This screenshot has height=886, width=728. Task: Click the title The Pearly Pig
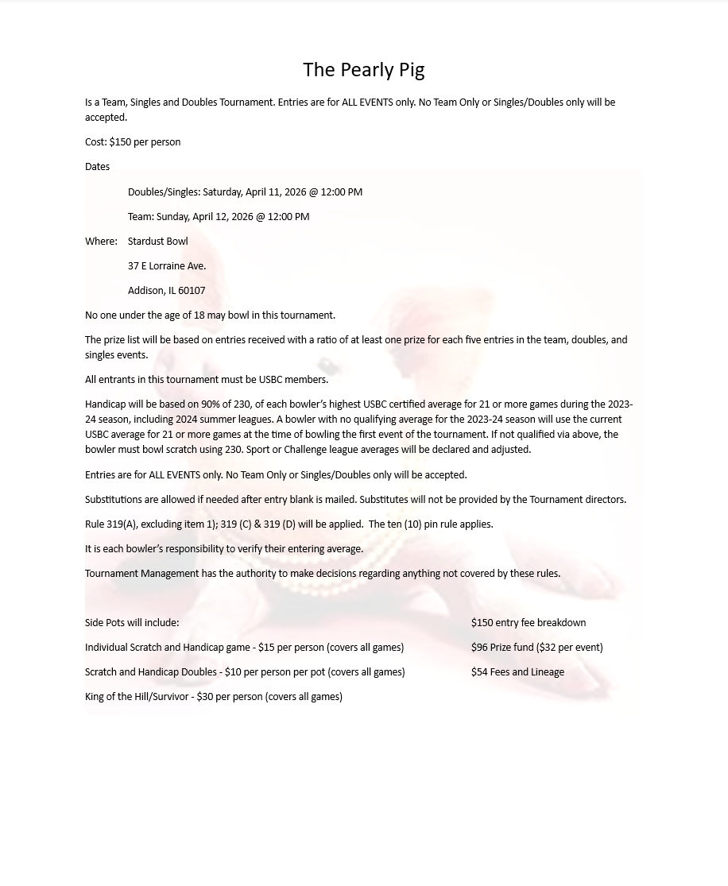pyautogui.click(x=363, y=71)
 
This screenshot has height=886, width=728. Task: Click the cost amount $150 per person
pyautogui.click(x=145, y=143)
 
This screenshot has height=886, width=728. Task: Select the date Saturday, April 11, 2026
pyautogui.click(x=254, y=192)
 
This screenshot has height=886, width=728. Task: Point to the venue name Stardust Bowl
pyautogui.click(x=157, y=242)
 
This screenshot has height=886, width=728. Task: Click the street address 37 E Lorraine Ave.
pyautogui.click(x=166, y=266)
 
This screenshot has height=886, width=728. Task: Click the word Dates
pyautogui.click(x=97, y=168)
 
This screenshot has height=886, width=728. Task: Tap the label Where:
pyautogui.click(x=101, y=242)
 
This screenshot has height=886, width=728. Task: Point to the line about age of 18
pyautogui.click(x=210, y=315)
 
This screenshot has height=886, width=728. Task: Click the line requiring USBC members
pyautogui.click(x=207, y=380)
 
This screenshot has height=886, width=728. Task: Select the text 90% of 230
pyautogui.click(x=226, y=404)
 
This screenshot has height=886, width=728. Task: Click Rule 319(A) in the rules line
pyautogui.click(x=110, y=524)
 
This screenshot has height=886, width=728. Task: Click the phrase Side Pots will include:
pyautogui.click(x=132, y=623)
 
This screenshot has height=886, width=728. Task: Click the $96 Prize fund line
pyautogui.click(x=536, y=648)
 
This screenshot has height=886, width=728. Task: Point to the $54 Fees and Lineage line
pyautogui.click(x=517, y=672)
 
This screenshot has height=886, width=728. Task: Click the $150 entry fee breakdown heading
pyautogui.click(x=529, y=623)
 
